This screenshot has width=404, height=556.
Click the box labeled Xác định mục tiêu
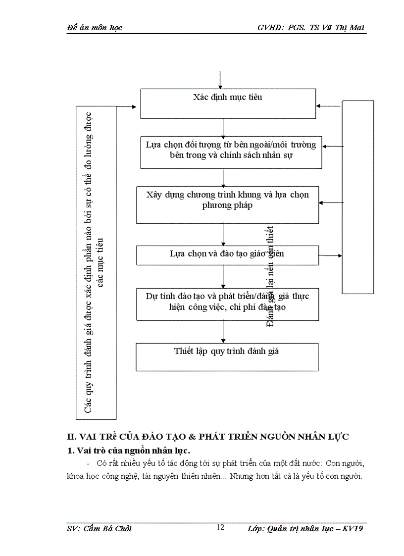(228, 103)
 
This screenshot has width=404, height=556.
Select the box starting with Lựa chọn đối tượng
(231, 152)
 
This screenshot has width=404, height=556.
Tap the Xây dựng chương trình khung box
(227, 204)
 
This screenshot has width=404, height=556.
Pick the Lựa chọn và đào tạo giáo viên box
(227, 254)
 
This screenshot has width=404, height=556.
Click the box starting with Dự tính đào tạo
(227, 303)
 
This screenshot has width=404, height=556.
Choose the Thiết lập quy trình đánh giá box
(227, 356)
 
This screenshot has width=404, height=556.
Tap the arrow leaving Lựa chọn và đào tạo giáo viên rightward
(330, 255)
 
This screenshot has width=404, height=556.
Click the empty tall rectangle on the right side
(358, 197)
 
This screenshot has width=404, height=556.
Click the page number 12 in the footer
(221, 527)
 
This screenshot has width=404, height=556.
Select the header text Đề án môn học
(94, 27)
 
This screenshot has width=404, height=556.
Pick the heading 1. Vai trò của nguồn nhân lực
(129, 450)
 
